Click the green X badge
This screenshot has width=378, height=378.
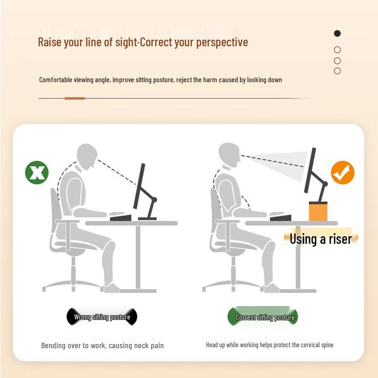tap(37, 172)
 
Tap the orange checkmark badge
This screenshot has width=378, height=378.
tap(343, 172)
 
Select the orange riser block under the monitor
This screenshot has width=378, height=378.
tap(318, 211)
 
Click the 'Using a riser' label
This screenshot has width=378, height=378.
tap(321, 239)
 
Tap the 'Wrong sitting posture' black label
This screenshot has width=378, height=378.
tap(102, 317)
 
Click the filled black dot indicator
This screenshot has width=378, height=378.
tap(337, 34)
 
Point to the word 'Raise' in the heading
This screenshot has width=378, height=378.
tap(50, 42)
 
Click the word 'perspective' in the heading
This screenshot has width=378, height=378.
tap(222, 42)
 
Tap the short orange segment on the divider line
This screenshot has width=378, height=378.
tap(75, 98)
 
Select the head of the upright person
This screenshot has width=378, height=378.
tap(229, 154)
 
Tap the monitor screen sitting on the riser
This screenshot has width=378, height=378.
tap(310, 169)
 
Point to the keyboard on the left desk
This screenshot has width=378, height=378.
tap(120, 217)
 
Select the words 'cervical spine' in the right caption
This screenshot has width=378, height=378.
tap(313, 345)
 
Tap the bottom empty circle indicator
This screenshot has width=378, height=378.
tap(337, 71)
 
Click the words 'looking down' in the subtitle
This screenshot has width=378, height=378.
tap(264, 80)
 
